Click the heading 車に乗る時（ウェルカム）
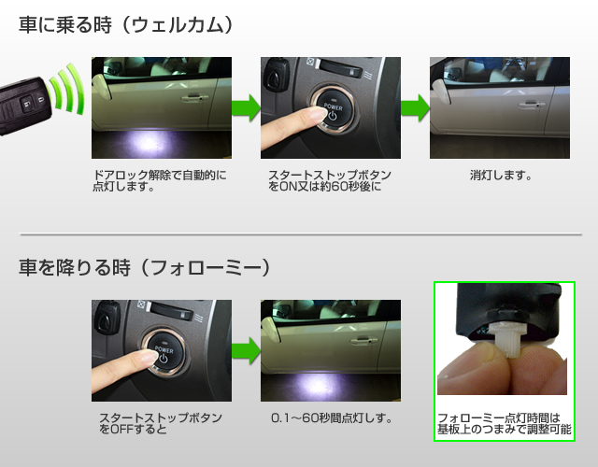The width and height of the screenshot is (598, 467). tap(125, 25)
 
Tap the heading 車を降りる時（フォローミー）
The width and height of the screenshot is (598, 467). tap(144, 267)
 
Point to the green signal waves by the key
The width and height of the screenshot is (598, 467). tap(67, 90)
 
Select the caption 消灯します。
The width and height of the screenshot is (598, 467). tap(501, 176)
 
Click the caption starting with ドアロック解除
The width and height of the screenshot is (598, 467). tap(160, 180)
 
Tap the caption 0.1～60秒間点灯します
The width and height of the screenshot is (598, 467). tap(331, 418)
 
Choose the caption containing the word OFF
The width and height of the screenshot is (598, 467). tap(161, 423)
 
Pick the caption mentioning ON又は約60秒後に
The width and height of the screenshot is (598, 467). tap(330, 180)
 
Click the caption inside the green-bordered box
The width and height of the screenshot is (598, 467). tap(505, 423)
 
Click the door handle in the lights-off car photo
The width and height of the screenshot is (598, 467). tap(531, 104)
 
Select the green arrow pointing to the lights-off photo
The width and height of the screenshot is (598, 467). tap(415, 108)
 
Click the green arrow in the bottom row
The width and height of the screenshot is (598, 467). tap(246, 350)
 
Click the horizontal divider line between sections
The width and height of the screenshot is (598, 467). tap(301, 234)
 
